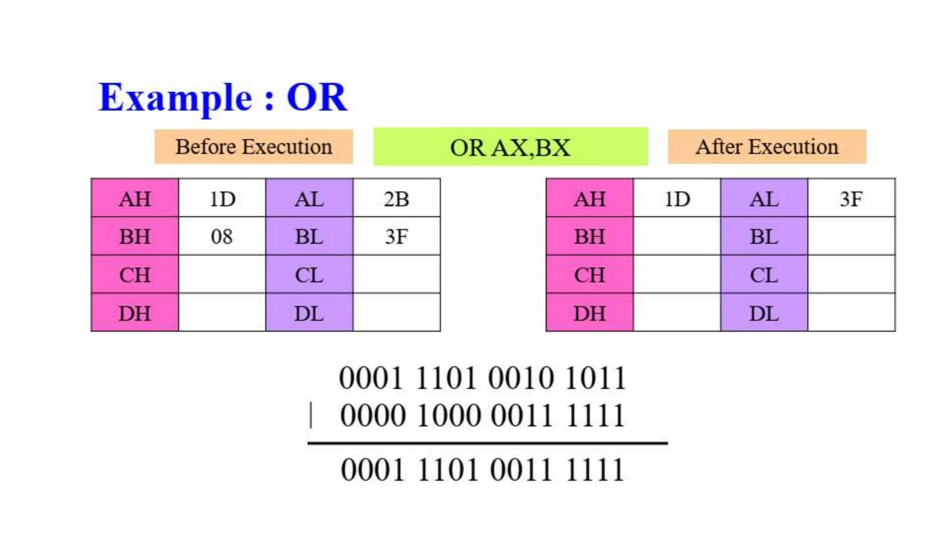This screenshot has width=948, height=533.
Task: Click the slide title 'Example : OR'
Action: tap(223, 97)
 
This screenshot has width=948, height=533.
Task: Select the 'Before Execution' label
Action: tap(254, 147)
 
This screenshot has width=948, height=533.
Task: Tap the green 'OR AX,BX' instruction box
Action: tap(511, 147)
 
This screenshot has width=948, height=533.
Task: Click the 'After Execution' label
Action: tap(767, 147)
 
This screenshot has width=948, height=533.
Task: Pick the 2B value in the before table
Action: tap(396, 199)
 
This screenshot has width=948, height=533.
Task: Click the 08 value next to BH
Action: tap(222, 236)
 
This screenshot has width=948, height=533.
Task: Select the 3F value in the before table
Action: tap(396, 236)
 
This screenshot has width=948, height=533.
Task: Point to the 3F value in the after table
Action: tap(851, 199)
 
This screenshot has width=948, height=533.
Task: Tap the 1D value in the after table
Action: tap(677, 199)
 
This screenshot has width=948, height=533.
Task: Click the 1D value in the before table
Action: tap(222, 199)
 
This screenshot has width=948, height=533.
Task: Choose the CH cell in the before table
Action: tap(135, 275)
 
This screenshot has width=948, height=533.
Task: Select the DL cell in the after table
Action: tap(764, 313)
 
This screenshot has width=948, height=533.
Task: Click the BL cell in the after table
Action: tap(764, 236)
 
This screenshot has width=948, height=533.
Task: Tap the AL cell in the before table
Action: tap(309, 199)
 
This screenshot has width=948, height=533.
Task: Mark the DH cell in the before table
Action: tap(135, 313)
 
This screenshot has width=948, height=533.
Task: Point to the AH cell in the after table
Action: tap(589, 199)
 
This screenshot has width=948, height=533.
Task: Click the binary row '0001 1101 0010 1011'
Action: tap(482, 378)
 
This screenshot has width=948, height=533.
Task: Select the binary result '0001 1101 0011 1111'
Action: tap(482, 470)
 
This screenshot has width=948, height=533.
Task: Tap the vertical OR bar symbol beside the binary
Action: tap(311, 415)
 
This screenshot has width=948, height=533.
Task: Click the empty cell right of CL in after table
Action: tap(851, 275)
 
